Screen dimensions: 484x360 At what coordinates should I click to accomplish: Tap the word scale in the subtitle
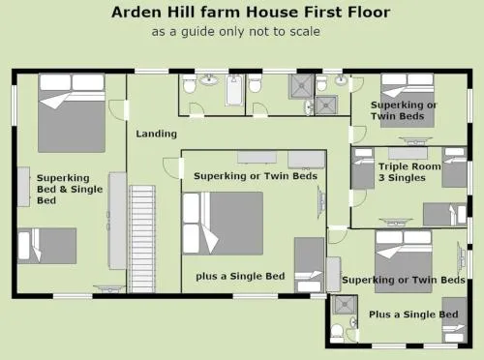tap(305, 32)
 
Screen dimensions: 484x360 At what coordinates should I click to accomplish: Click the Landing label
tap(157, 134)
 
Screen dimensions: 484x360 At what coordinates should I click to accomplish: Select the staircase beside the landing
tap(142, 239)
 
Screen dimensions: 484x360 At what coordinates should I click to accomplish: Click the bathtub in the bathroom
tap(234, 90)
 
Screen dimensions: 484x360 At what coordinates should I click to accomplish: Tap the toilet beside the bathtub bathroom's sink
tap(189, 84)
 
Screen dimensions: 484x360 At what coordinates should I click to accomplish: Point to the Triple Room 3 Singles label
tap(409, 172)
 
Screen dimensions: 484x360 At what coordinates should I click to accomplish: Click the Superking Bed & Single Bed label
tap(70, 189)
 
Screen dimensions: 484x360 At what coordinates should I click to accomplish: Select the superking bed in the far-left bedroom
tap(72, 113)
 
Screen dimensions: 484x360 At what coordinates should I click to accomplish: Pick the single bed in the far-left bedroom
tap(47, 246)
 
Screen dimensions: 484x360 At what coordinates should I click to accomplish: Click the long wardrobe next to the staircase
tap(117, 221)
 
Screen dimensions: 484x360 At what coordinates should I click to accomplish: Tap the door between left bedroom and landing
tap(118, 110)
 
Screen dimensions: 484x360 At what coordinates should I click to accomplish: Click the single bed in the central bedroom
tap(309, 265)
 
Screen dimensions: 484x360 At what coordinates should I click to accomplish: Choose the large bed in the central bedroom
tap(223, 224)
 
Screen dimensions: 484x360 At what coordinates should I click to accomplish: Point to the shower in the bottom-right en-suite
tap(345, 305)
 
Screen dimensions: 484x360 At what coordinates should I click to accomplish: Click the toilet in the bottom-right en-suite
tap(337, 333)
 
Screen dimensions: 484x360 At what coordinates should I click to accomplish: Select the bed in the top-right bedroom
tap(408, 101)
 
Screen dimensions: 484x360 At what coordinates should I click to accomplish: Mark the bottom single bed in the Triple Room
tap(445, 215)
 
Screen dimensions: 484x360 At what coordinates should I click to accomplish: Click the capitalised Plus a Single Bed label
tap(413, 315)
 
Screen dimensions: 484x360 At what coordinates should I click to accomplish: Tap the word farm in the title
tap(220, 13)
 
